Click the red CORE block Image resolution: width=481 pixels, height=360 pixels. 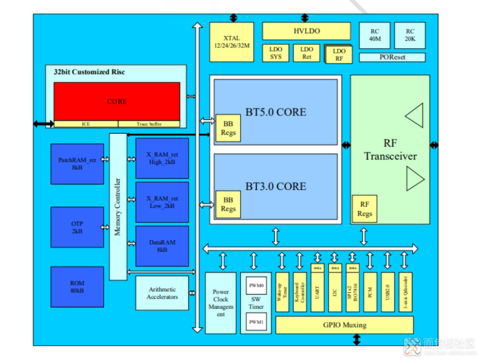(x=117, y=101)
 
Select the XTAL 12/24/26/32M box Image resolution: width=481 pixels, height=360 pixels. (x=231, y=42)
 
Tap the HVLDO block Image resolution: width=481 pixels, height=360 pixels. (x=306, y=31)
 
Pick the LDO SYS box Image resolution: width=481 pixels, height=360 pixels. (x=276, y=53)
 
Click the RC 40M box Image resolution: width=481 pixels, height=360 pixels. (x=375, y=35)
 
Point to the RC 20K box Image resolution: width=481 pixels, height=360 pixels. (x=410, y=35)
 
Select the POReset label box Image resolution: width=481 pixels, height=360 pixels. (x=392, y=57)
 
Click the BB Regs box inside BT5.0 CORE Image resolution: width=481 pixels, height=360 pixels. (x=228, y=128)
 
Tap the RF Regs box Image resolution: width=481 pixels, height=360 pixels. (x=364, y=209)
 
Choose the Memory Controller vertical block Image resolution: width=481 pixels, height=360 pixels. (x=118, y=206)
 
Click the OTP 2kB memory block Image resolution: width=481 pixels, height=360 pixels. (x=77, y=227)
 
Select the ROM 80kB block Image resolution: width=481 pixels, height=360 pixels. (x=77, y=287)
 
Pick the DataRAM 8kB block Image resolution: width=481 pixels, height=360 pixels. (x=162, y=246)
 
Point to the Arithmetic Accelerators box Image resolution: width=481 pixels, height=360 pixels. (x=162, y=293)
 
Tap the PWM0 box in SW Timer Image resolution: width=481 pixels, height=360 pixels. (x=256, y=285)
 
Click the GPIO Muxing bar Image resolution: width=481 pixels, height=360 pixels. (x=344, y=325)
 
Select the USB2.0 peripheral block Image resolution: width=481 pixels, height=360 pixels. (x=387, y=292)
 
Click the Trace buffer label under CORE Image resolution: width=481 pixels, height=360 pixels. (x=149, y=124)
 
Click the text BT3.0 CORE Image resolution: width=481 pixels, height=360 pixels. (x=276, y=186)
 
